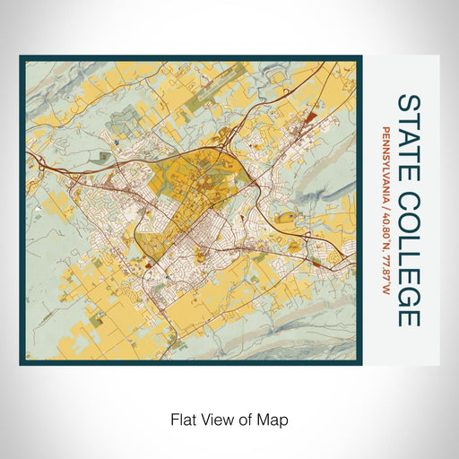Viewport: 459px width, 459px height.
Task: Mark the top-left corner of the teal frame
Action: [21, 57]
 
